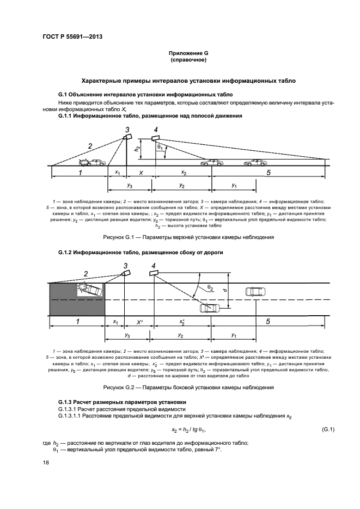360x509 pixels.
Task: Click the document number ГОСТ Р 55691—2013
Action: point(72,36)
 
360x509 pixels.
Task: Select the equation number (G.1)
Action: point(328,430)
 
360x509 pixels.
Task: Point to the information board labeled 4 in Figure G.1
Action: point(155,138)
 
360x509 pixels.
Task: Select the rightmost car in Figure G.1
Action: point(255,162)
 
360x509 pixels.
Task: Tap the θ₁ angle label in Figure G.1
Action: point(160,148)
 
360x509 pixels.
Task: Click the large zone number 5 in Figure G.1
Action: point(269,173)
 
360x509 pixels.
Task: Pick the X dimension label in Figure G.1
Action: point(142,173)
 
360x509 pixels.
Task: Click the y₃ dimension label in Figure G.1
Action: point(129,186)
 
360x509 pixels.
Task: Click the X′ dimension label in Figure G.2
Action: point(140,322)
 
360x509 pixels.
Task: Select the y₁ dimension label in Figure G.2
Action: point(234,334)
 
